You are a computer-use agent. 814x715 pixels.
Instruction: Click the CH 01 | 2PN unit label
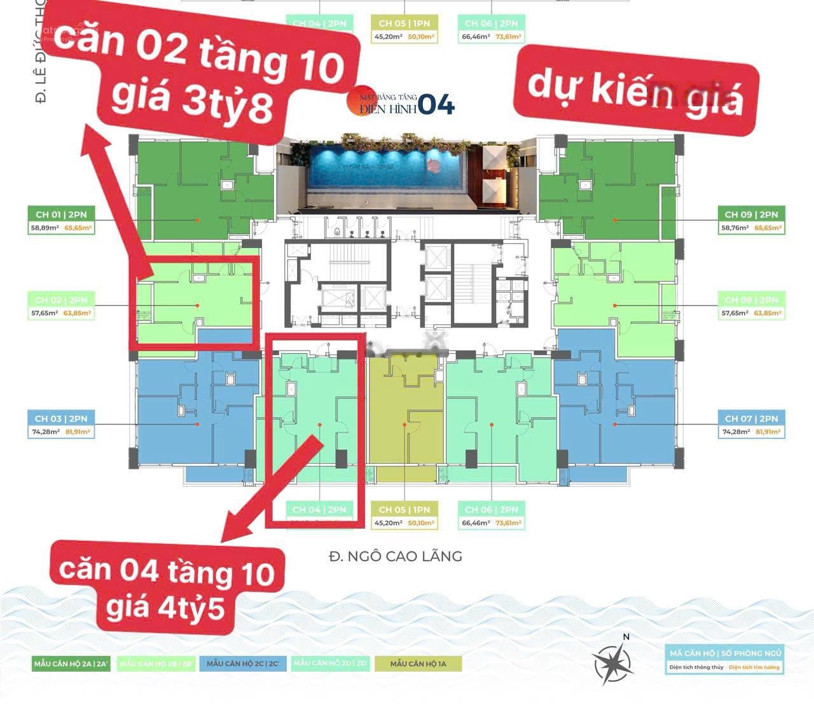click(62, 214)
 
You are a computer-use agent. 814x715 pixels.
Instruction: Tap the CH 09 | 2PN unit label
click(751, 214)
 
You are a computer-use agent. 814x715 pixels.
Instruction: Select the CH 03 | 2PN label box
click(61, 419)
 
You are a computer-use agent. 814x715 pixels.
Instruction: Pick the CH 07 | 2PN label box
click(751, 419)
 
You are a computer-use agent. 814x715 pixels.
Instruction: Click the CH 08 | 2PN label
click(751, 300)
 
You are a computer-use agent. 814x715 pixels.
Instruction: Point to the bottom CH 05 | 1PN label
click(404, 510)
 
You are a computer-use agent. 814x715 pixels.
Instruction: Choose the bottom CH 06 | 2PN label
click(490, 510)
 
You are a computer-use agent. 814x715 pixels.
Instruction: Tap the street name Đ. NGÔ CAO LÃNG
click(395, 556)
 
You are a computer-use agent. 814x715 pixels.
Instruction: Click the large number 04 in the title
click(437, 105)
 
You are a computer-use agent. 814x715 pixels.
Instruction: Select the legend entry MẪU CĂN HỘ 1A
click(418, 663)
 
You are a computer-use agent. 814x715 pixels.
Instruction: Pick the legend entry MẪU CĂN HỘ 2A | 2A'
click(72, 663)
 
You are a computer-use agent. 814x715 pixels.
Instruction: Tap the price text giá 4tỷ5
click(165, 607)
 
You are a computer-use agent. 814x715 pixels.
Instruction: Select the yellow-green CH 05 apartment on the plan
click(405, 413)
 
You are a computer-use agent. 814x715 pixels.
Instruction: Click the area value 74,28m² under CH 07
click(736, 432)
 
